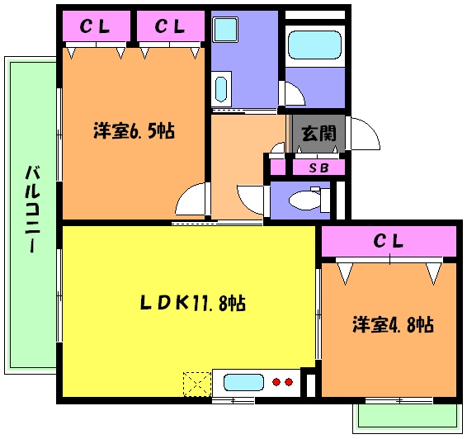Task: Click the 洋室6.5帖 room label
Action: click(x=133, y=130)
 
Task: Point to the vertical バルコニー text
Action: click(x=33, y=210)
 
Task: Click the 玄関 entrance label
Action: click(x=318, y=132)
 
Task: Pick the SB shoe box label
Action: click(x=318, y=168)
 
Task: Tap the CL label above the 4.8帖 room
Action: click(x=388, y=242)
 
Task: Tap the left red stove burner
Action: click(x=276, y=382)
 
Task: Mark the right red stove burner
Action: click(x=289, y=382)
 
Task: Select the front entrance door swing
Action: click(x=363, y=135)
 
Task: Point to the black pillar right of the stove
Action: click(x=309, y=385)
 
